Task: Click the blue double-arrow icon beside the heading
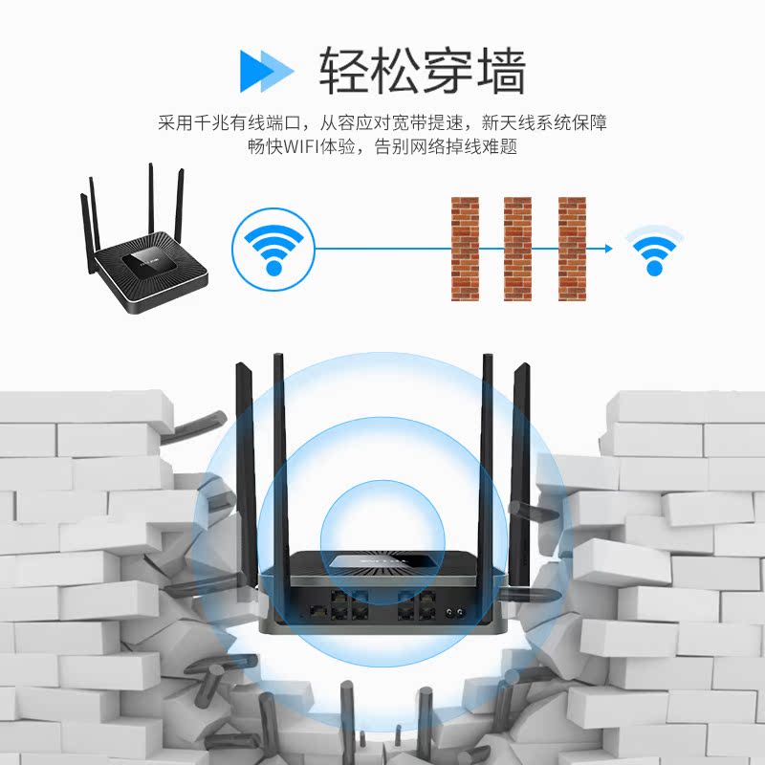(x=266, y=69)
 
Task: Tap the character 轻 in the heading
(x=344, y=69)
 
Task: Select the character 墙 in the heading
(x=500, y=69)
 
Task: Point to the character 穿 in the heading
(x=448, y=69)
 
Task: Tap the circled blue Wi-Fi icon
(x=273, y=248)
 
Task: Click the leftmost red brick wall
(x=465, y=249)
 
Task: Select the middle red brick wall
(x=517, y=249)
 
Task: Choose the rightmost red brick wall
(x=572, y=249)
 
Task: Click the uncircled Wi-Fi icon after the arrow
(x=655, y=251)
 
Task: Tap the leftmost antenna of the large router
(x=243, y=459)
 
